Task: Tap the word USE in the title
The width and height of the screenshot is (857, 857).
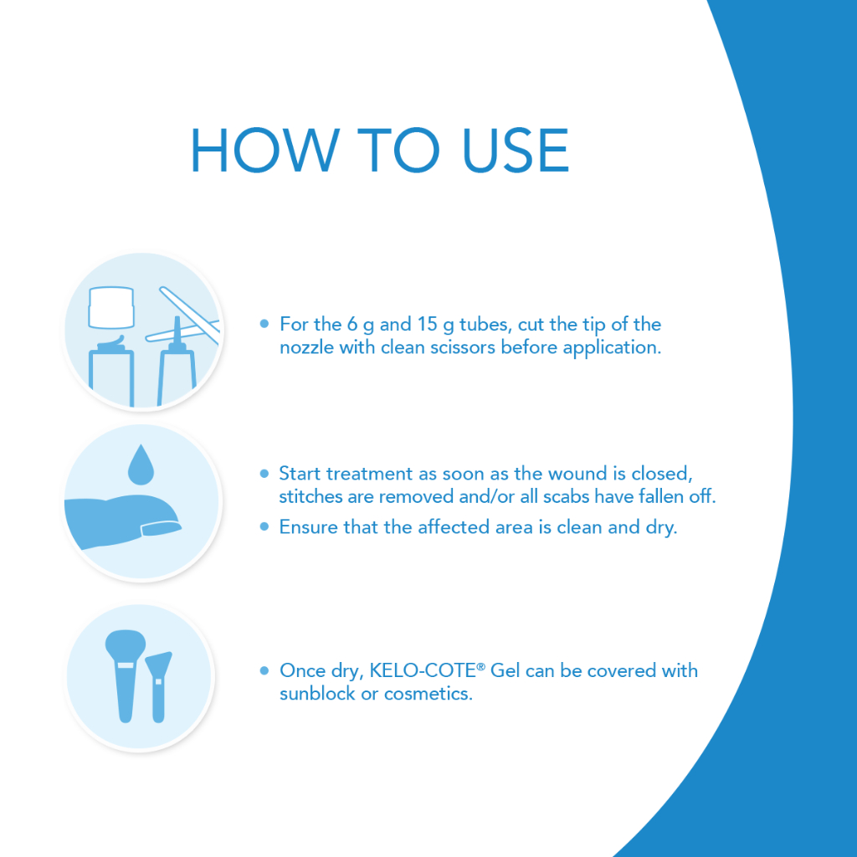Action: tap(516, 151)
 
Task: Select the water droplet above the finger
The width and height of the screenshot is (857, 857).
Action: tap(141, 464)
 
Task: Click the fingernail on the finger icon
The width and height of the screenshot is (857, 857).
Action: tap(162, 528)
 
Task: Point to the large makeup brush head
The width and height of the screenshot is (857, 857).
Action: tap(126, 645)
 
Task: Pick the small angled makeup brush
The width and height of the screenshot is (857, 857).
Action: tap(158, 687)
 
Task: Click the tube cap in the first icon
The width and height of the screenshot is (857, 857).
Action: tap(111, 307)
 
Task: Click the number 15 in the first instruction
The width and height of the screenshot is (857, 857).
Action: tap(428, 324)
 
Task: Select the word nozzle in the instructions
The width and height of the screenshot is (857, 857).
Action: tap(306, 347)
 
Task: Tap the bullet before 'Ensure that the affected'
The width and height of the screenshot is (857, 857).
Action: tap(264, 527)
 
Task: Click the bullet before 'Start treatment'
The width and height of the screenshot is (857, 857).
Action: tap(264, 474)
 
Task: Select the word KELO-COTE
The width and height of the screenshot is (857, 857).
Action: tap(423, 670)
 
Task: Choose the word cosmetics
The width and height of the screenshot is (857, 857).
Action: tap(428, 694)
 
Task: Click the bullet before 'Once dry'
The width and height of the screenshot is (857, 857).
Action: tap(264, 670)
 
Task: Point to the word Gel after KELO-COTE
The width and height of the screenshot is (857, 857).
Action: tap(505, 670)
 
